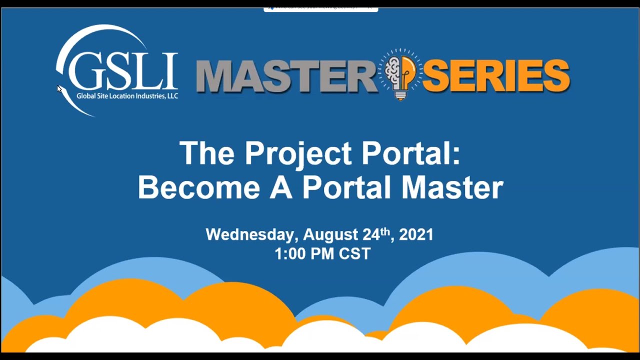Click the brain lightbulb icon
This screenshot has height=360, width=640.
point(400,74)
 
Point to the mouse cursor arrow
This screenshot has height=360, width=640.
point(59,89)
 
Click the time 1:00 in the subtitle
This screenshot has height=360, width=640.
point(290,253)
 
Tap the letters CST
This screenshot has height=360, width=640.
point(354,253)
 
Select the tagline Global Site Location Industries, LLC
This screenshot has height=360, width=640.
point(127,96)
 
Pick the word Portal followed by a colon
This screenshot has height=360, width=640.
point(410,153)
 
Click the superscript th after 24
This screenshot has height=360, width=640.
point(384,231)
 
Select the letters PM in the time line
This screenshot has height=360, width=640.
point(322,253)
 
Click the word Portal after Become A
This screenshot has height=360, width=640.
point(346,187)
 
